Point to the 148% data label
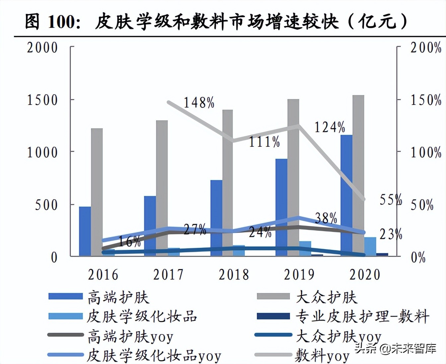199,103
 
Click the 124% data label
330,127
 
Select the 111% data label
264,142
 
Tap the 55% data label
391,200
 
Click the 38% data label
326,218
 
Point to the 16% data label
129,241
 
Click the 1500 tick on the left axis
42,100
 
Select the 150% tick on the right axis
426,100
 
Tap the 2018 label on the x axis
234,275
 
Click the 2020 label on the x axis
365,275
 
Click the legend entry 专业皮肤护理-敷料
362,317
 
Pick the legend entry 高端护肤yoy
130,336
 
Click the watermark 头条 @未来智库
395,348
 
